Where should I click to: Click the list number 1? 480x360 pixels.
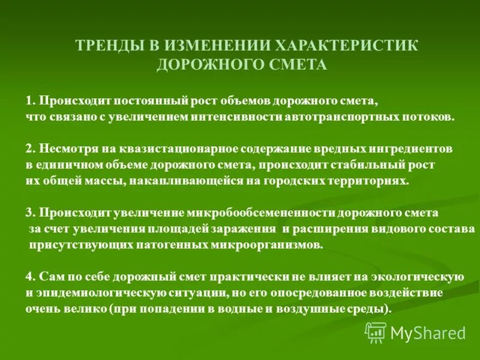(x=29, y=100)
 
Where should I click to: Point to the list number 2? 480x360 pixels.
(x=29, y=148)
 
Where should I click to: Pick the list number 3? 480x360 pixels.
(x=29, y=213)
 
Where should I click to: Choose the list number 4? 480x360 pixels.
(x=29, y=277)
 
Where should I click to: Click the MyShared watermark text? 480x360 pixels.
(x=428, y=332)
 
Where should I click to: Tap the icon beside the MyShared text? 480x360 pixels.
(x=376, y=332)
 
